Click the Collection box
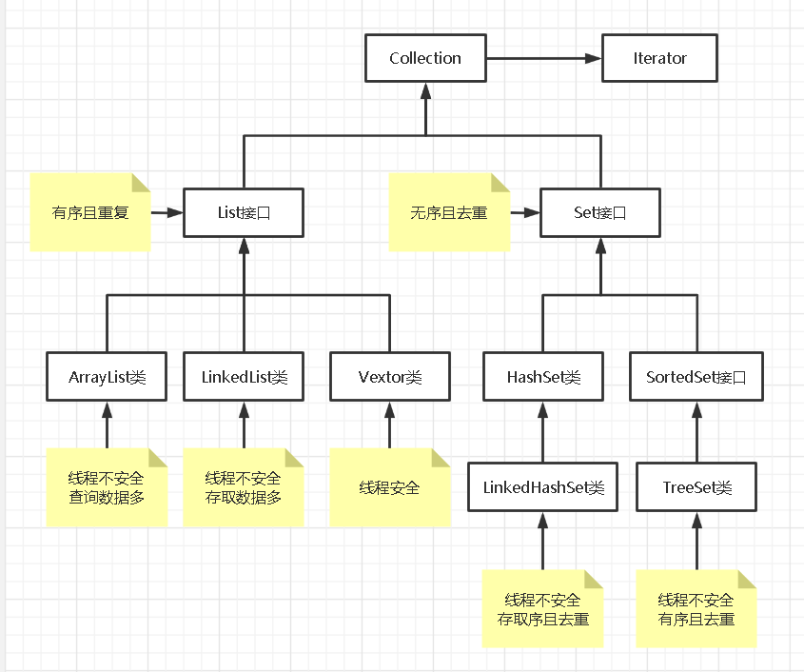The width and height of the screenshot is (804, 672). (425, 58)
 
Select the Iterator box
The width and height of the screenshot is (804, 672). (659, 58)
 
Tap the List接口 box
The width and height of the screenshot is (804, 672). (244, 212)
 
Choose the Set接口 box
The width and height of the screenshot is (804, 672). (600, 212)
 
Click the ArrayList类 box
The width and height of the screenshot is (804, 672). (107, 377)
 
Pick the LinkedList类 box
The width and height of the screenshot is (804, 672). (244, 377)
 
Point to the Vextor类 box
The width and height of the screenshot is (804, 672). (389, 377)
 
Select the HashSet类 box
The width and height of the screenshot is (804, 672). (543, 377)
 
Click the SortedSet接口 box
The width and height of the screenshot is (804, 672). (697, 377)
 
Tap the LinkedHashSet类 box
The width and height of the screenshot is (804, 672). (543, 487)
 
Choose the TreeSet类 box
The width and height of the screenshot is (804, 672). (697, 487)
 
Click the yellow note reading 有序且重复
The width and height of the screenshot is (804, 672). (90, 212)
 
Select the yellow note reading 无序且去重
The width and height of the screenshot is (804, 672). (449, 212)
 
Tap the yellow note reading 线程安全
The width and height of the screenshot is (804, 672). (390, 487)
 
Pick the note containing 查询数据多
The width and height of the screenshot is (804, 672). (107, 487)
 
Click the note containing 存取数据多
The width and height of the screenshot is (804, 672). (244, 487)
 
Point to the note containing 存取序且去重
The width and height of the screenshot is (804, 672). (542, 609)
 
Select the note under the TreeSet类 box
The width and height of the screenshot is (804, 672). (696, 609)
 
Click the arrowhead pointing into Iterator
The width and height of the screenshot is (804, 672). (593, 58)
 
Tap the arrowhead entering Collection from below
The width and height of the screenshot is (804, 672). (425, 89)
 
